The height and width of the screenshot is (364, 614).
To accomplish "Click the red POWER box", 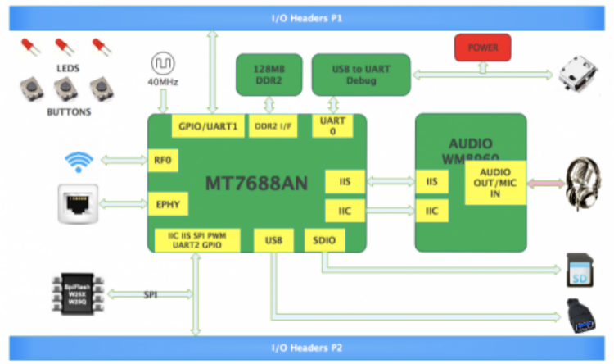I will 482,48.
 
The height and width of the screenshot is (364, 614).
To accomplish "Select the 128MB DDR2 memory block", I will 268,74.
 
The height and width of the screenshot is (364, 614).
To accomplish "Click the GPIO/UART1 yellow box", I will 208,127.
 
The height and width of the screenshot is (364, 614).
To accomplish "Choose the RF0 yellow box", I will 162,161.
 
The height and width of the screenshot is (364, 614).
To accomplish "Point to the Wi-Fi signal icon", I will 79,161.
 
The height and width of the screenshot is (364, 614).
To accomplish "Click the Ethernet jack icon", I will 79,202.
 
